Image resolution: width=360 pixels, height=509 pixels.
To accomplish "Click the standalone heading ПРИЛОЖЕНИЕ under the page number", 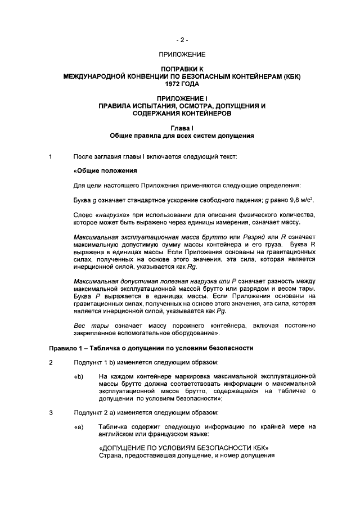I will pos(182,55).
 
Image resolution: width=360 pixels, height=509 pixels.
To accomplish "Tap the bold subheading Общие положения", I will pos(106,170).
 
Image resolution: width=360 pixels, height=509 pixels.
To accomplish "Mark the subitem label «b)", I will pos(79,376).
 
